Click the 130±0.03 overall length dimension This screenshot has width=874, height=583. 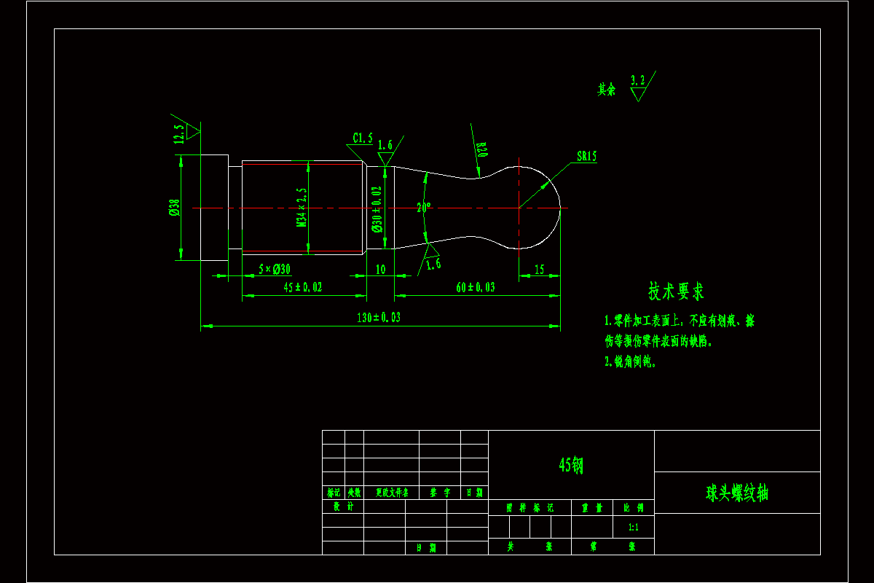pyautogui.click(x=379, y=317)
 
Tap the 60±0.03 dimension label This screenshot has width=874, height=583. pyautogui.click(x=475, y=287)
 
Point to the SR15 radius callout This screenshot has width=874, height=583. pyautogui.click(x=586, y=156)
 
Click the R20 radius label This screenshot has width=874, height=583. pyautogui.click(x=482, y=149)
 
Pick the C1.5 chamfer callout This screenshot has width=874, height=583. pyautogui.click(x=363, y=138)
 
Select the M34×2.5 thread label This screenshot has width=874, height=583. pyautogui.click(x=301, y=208)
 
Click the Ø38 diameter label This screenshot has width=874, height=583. pyautogui.click(x=174, y=208)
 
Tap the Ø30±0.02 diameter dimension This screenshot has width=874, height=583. pyautogui.click(x=377, y=209)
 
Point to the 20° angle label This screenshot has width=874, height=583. pyautogui.click(x=424, y=207)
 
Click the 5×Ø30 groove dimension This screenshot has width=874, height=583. pyautogui.click(x=275, y=269)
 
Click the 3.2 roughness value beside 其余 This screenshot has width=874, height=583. pyautogui.click(x=638, y=79)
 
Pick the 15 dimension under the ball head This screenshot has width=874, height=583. pyautogui.click(x=539, y=269)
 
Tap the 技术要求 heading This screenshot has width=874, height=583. pyautogui.click(x=676, y=291)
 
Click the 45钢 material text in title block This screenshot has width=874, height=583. pyautogui.click(x=571, y=465)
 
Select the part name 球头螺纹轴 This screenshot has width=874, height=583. pyautogui.click(x=737, y=493)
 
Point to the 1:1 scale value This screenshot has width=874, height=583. pyautogui.click(x=633, y=526)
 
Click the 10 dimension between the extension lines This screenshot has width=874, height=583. pyautogui.click(x=380, y=269)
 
